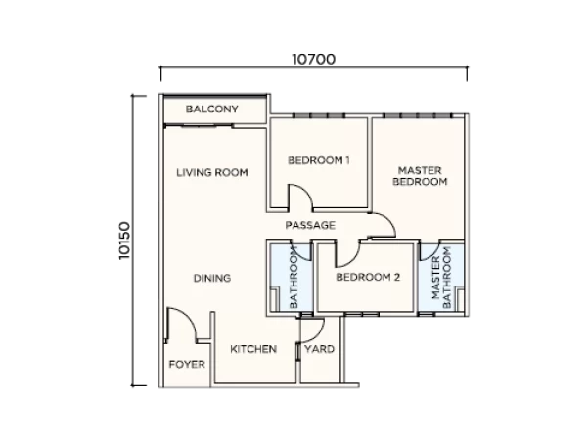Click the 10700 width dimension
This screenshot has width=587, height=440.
314,59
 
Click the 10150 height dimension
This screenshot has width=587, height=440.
124,241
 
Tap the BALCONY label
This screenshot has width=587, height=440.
212,109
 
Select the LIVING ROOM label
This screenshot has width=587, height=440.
212,172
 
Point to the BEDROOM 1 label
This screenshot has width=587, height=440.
319,160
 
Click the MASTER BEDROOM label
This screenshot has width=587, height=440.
420,176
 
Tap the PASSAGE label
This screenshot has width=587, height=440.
310,225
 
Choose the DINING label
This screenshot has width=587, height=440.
212,278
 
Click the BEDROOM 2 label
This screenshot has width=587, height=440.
368,278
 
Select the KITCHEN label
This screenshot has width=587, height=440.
253,349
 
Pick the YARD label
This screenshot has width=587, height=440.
319,349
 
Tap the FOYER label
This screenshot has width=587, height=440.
187,364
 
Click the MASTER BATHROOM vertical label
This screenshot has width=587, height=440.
442,278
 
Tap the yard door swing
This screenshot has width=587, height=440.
318,334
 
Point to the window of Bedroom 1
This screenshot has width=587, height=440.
319,115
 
